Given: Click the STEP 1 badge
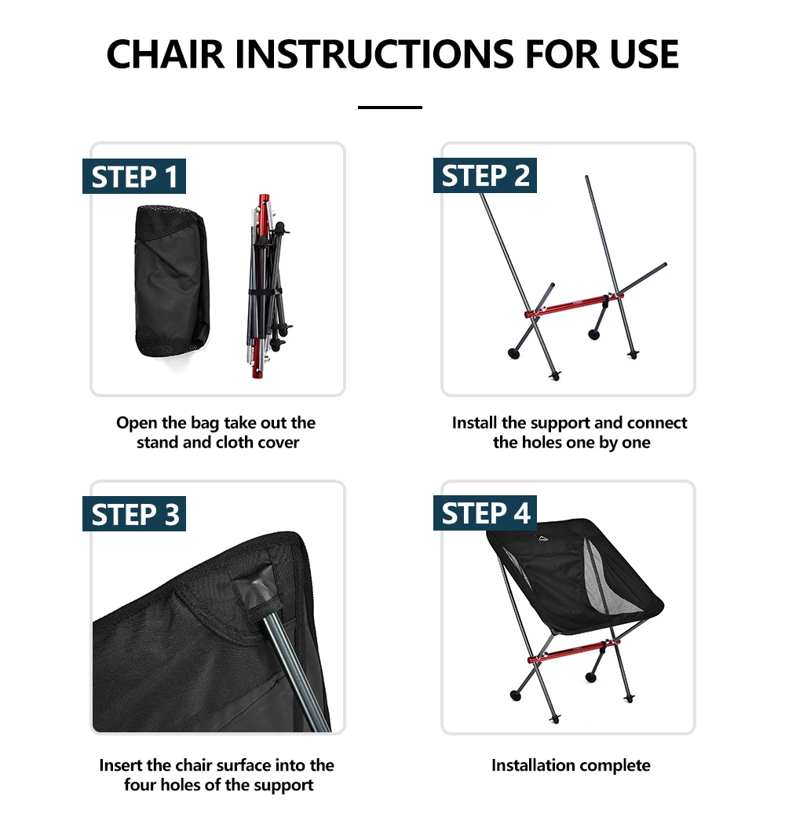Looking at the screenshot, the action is (x=134, y=177).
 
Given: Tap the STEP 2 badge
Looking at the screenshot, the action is (x=485, y=175).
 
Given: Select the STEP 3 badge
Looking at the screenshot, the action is (x=134, y=513).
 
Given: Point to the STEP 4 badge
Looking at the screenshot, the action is (x=485, y=513).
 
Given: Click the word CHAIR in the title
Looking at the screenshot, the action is (x=166, y=54).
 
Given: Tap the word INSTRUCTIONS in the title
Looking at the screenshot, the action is (x=374, y=54).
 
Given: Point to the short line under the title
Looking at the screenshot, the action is (x=390, y=108).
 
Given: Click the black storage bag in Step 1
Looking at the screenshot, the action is (x=172, y=281).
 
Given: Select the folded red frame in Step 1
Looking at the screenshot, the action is (x=268, y=286).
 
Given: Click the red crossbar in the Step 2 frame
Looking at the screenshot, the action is (x=574, y=305).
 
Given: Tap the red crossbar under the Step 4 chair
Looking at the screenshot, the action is (x=574, y=650).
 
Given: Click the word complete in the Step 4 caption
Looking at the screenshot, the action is (x=616, y=765).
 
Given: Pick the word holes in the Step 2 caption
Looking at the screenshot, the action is (x=542, y=443).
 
